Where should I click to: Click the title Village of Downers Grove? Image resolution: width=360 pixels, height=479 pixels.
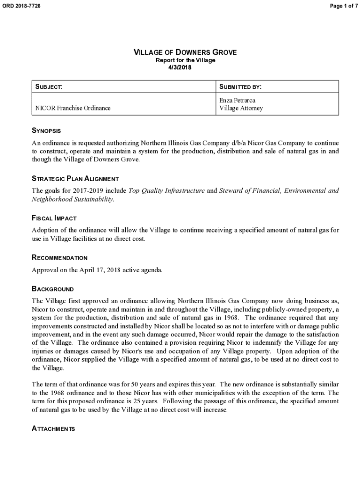click(185, 52)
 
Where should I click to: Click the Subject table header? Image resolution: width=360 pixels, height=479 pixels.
click(49, 87)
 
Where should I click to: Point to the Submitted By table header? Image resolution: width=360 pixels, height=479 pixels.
click(240, 87)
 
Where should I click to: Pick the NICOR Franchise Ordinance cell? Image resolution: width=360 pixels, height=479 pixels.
click(73, 108)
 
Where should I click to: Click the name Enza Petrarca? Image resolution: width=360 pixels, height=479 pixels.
click(238, 101)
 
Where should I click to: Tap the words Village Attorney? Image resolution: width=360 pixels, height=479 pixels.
click(241, 108)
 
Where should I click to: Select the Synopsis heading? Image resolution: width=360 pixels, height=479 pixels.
click(46, 131)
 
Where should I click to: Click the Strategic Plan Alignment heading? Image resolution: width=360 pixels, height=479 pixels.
click(75, 179)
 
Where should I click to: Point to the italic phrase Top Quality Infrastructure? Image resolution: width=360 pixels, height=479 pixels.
click(166, 191)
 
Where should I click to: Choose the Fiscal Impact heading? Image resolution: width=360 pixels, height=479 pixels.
click(54, 218)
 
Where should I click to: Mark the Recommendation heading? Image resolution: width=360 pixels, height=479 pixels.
click(59, 258)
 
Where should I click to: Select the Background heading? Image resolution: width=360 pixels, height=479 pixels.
click(52, 289)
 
